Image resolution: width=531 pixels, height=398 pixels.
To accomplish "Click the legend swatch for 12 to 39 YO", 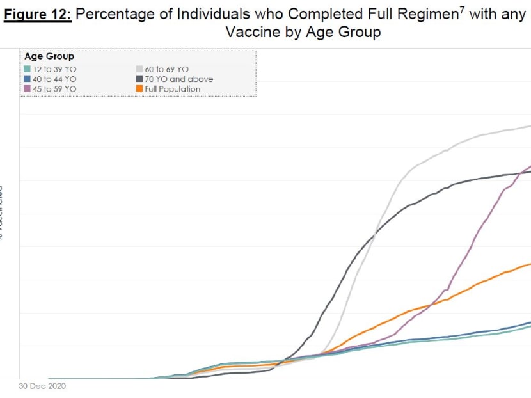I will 28,69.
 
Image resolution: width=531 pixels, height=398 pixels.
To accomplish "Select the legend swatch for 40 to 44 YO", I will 28,79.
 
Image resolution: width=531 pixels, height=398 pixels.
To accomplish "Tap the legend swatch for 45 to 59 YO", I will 28,89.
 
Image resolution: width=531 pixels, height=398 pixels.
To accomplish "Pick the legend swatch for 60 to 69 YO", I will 139,69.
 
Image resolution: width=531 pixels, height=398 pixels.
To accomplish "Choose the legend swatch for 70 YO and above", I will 139,79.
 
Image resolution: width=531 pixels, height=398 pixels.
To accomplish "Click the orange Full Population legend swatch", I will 139,89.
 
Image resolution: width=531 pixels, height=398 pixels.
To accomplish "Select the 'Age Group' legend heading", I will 49,57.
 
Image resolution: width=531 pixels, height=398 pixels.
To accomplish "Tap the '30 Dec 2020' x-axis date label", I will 42,386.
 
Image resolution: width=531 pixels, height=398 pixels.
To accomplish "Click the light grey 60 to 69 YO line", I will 448,149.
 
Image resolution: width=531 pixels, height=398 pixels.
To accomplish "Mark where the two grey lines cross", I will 373,232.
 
